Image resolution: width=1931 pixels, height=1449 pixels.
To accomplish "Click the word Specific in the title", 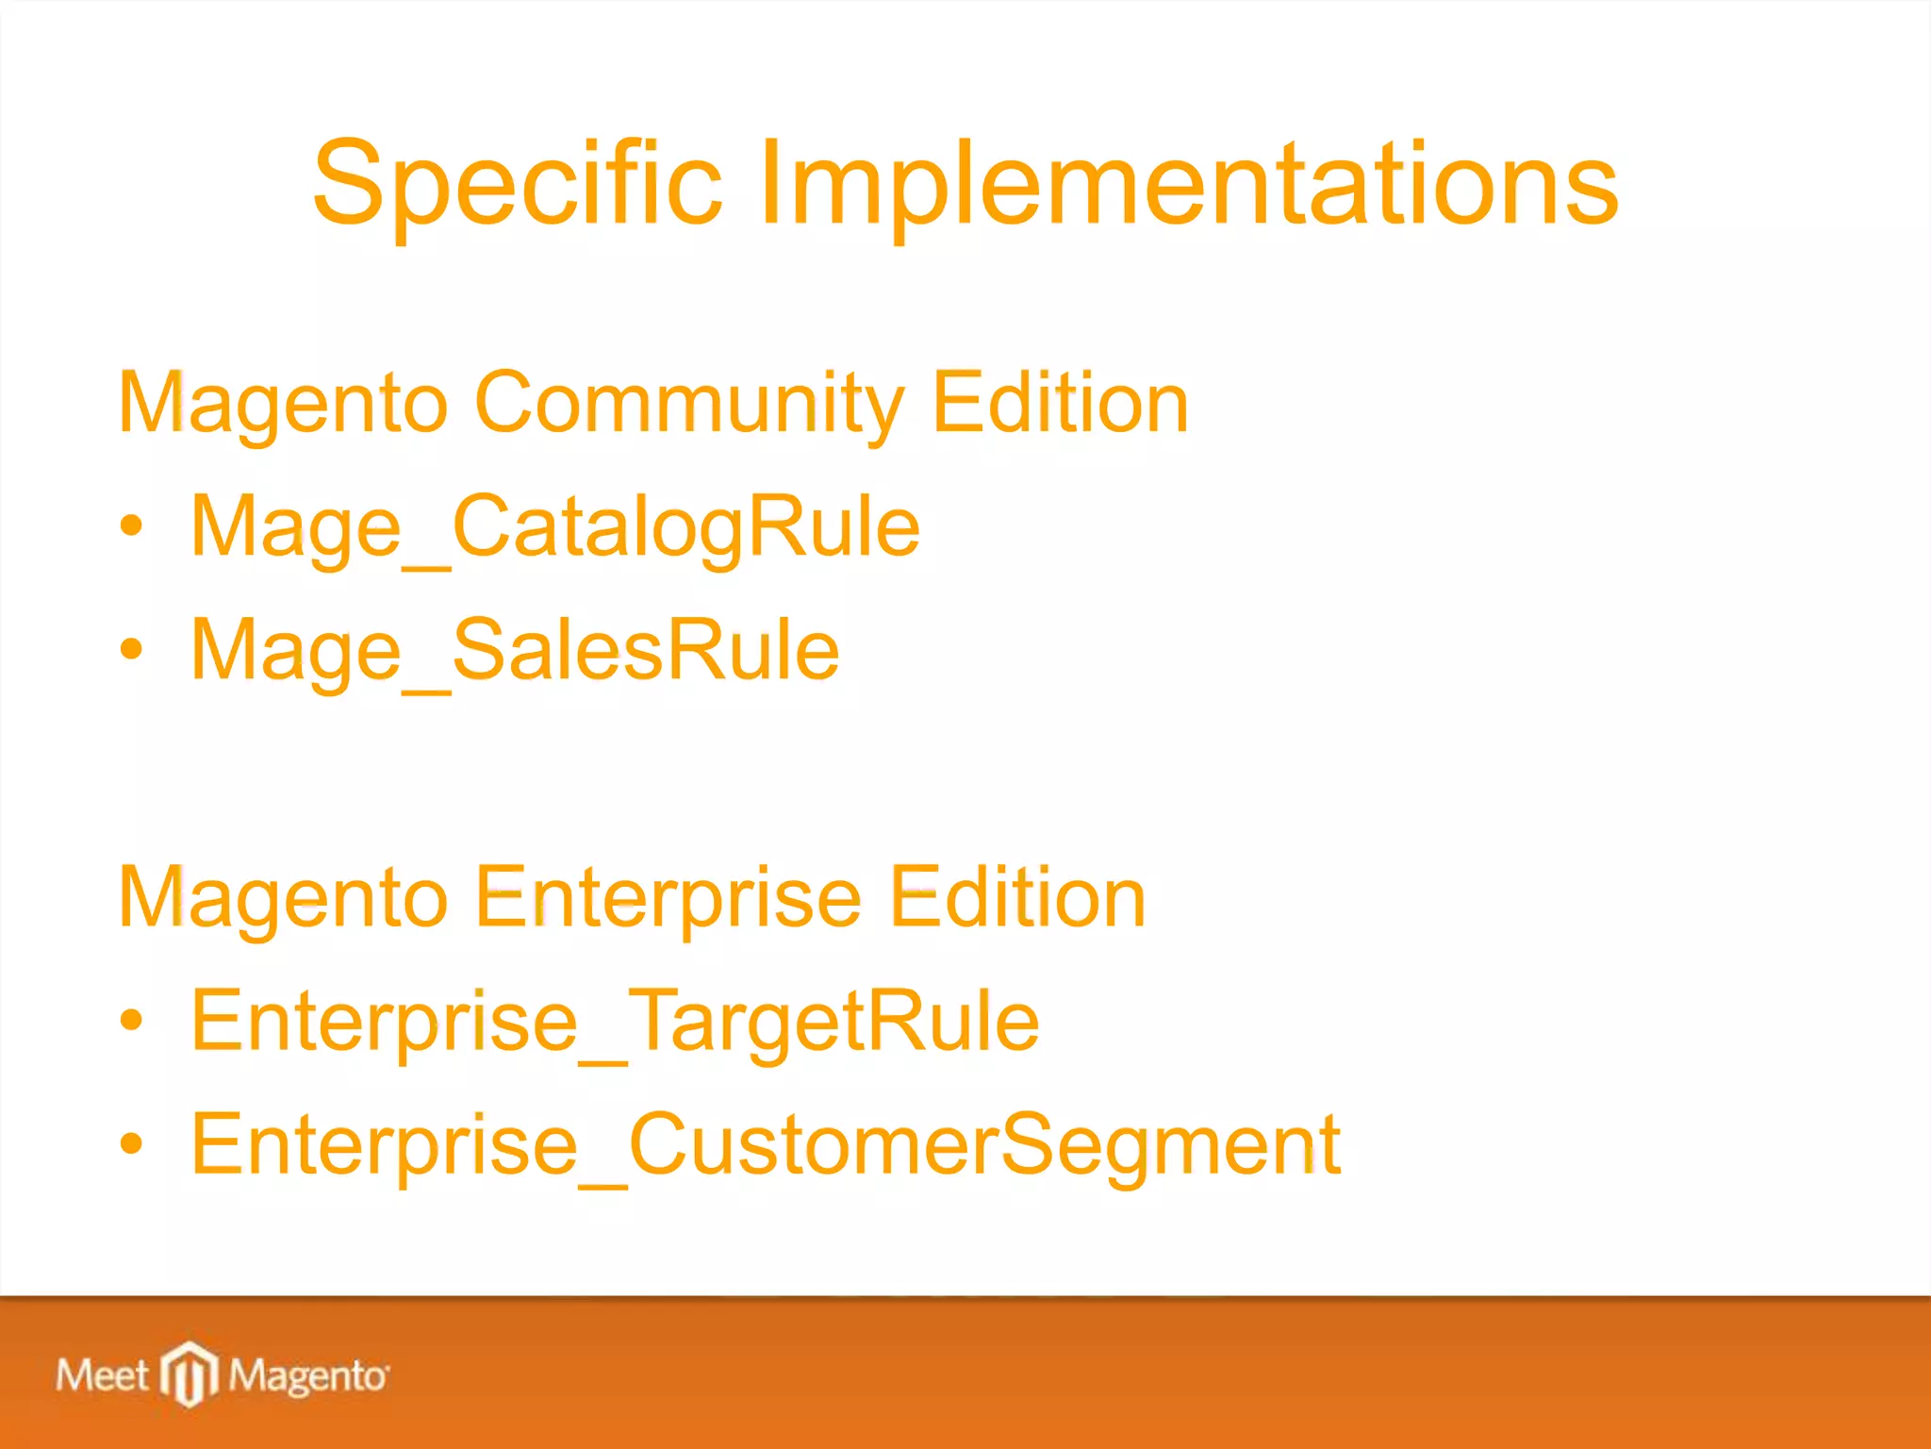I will [517, 184].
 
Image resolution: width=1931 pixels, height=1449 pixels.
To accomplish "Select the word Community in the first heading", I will [688, 404].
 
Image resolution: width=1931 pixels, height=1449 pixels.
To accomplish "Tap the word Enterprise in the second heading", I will [668, 898].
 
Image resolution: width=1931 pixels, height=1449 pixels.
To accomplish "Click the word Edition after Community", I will [1060, 404].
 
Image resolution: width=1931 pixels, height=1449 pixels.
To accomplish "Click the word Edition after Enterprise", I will [1017, 898].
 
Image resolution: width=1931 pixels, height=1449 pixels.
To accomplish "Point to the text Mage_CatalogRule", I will [554, 528].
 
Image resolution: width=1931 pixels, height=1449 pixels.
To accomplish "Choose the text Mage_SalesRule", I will [514, 651].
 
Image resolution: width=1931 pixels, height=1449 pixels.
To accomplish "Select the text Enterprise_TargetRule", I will [615, 1022].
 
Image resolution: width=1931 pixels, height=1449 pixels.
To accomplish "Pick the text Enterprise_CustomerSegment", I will [765, 1145].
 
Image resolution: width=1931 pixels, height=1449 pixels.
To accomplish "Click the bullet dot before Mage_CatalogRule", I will [132, 526].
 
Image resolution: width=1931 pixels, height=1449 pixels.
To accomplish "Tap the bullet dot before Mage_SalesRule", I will [132, 649].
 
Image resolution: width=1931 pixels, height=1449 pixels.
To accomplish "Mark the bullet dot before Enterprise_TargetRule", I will [132, 1020].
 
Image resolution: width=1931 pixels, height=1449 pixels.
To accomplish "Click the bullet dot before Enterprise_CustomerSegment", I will [132, 1143].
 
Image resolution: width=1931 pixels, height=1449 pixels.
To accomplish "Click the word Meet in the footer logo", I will [101, 1375].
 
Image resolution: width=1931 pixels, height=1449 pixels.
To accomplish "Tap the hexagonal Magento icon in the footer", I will [189, 1373].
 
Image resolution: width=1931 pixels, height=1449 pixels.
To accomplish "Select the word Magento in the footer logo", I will [307, 1376].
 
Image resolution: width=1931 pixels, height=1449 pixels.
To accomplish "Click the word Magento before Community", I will [282, 404].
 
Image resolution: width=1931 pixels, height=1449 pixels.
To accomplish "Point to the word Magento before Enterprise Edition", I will [282, 898].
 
